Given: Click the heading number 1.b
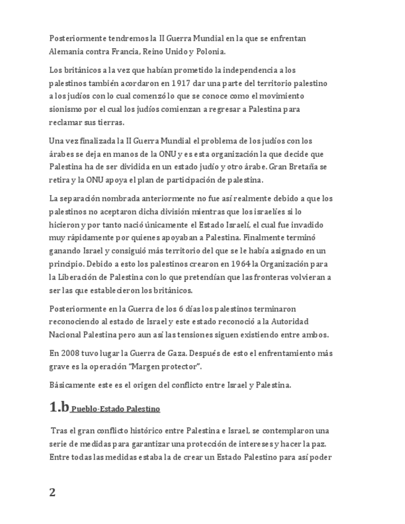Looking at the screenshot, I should [x=59, y=407].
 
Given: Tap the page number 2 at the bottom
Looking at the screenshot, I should [x=53, y=492].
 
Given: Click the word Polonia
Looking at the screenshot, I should [x=211, y=51].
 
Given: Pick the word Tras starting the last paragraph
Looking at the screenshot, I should [x=60, y=431].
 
